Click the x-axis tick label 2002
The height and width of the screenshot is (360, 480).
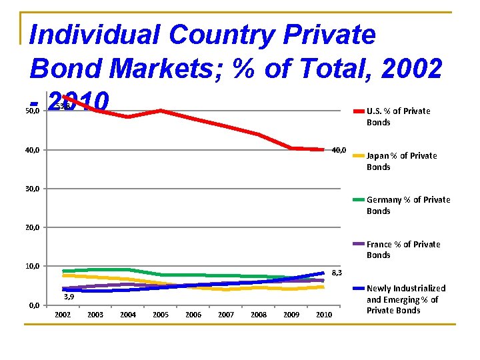(x=63, y=315)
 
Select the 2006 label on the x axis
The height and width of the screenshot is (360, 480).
(x=193, y=315)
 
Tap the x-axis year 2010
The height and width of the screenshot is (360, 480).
(x=323, y=315)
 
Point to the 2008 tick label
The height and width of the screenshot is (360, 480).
(x=259, y=315)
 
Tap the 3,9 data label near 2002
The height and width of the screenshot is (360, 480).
(x=68, y=297)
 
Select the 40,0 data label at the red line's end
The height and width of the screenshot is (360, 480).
(x=339, y=150)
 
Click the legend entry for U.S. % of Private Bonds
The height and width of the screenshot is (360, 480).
(x=398, y=117)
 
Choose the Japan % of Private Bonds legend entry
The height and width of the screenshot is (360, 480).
(x=401, y=161)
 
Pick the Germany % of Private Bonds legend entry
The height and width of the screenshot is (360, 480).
(x=408, y=205)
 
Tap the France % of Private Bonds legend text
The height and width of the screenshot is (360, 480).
(x=403, y=249)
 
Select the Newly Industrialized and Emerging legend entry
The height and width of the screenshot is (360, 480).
(x=405, y=299)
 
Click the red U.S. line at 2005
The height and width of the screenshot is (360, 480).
(x=161, y=111)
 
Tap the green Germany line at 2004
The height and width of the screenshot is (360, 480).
(x=128, y=270)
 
